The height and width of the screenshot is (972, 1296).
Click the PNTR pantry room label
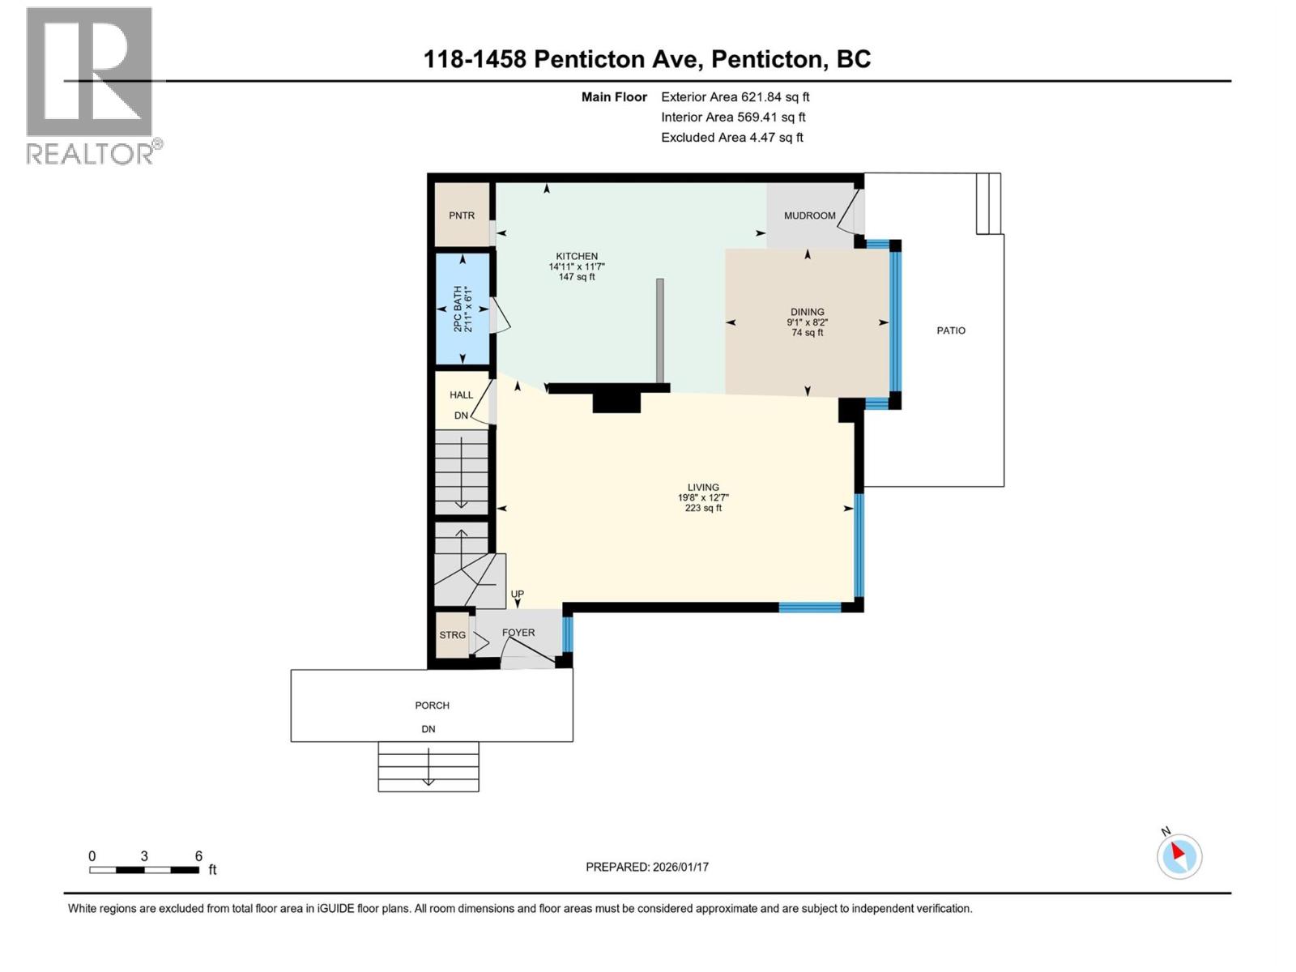(462, 215)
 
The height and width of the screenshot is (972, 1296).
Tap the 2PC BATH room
(463, 309)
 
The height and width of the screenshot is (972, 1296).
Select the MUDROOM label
(809, 215)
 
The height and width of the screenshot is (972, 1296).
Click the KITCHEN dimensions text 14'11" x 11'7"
(577, 266)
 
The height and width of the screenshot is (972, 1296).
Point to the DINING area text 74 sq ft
(808, 333)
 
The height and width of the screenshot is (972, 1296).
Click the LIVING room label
(703, 488)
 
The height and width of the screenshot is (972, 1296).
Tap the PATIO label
(951, 330)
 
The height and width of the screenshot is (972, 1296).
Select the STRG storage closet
(452, 635)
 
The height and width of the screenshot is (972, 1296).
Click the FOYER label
(518, 633)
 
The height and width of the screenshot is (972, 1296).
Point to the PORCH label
(432, 706)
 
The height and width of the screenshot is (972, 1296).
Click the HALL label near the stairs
(462, 395)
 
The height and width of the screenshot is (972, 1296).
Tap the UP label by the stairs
(518, 595)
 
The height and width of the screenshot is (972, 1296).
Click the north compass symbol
(1179, 856)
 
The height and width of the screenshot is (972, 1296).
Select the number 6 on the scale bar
(198, 856)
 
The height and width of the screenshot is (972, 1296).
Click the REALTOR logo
(91, 85)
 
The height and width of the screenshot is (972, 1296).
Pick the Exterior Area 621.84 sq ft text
(735, 97)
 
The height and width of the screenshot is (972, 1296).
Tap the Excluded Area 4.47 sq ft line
(731, 138)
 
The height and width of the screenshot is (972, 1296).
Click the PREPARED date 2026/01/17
(647, 867)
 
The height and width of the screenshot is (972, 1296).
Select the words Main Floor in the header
(614, 97)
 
